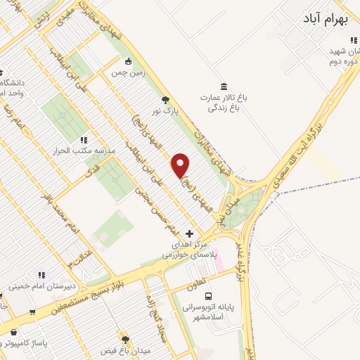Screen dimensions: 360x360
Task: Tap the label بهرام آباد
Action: pyautogui.click(x=328, y=17)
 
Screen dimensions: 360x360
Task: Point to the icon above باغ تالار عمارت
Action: pyautogui.click(x=223, y=86)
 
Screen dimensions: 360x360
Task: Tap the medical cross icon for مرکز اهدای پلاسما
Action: pyautogui.click(x=188, y=233)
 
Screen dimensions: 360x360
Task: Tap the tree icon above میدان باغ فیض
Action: pyautogui.click(x=126, y=339)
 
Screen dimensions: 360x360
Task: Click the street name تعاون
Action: pyautogui.click(x=197, y=281)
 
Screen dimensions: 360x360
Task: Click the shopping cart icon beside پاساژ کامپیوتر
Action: pyautogui.click(x=14, y=332)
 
